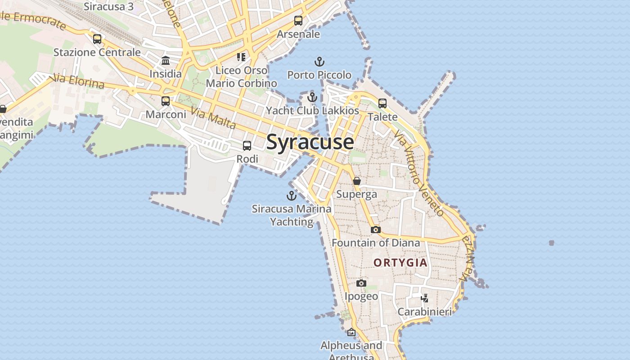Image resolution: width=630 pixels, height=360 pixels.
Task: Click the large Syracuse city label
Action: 310,142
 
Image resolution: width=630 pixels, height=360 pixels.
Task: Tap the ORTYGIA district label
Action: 400,262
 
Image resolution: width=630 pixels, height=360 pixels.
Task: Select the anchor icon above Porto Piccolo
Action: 319,62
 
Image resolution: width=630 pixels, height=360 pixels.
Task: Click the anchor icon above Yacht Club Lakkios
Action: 312,97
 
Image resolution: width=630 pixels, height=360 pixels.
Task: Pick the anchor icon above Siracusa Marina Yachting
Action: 292,196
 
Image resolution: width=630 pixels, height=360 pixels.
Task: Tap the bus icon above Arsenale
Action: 298,21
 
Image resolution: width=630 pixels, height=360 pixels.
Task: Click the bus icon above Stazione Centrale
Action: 97,39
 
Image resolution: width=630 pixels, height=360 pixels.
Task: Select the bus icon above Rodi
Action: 247,146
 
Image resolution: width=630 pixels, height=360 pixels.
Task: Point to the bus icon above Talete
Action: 382,103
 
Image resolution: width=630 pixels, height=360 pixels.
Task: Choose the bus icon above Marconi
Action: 166,101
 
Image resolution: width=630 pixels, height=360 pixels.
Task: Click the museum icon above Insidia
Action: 166,60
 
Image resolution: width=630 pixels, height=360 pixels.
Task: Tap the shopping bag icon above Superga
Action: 357,181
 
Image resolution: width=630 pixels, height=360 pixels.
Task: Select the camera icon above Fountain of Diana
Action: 375,229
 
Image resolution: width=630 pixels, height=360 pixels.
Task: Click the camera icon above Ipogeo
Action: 361,283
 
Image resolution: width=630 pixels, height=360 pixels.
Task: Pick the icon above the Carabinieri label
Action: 424,298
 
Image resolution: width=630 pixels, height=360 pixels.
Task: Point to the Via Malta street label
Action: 213,118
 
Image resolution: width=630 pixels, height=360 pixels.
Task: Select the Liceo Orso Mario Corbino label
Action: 242,76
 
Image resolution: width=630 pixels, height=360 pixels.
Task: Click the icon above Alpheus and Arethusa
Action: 351,333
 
